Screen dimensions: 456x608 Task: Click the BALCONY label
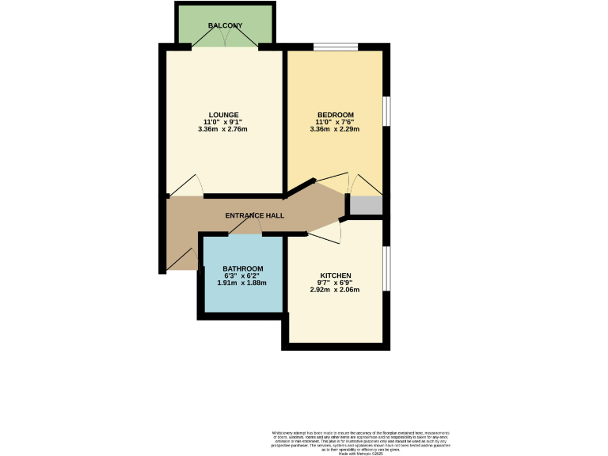224,26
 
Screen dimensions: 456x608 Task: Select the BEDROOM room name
335,114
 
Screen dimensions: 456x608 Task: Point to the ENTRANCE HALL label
255,215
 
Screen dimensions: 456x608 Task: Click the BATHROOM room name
241,268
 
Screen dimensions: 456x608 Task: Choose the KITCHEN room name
335,275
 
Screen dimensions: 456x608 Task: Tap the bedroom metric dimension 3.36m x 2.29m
335,129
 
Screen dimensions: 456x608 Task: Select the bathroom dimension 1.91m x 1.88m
241,283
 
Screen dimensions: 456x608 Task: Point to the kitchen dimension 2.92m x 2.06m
335,290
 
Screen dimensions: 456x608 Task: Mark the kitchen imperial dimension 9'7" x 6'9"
335,283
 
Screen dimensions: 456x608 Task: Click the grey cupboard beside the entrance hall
367,206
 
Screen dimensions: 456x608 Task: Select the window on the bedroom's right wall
387,110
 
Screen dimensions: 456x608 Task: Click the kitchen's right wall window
387,268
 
